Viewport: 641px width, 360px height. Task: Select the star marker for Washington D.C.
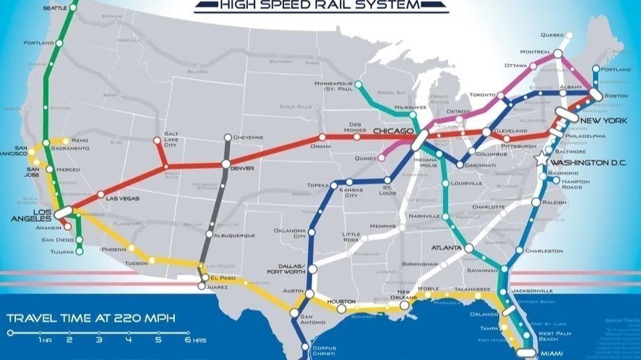(x=542, y=159)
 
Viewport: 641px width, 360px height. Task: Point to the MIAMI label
(x=553, y=354)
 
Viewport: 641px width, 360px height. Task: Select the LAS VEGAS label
(x=122, y=198)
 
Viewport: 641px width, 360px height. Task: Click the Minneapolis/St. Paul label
(x=331, y=86)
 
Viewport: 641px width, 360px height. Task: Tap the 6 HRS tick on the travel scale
(x=187, y=333)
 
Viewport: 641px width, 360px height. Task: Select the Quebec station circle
(x=569, y=35)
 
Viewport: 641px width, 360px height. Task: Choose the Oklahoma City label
(x=289, y=233)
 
